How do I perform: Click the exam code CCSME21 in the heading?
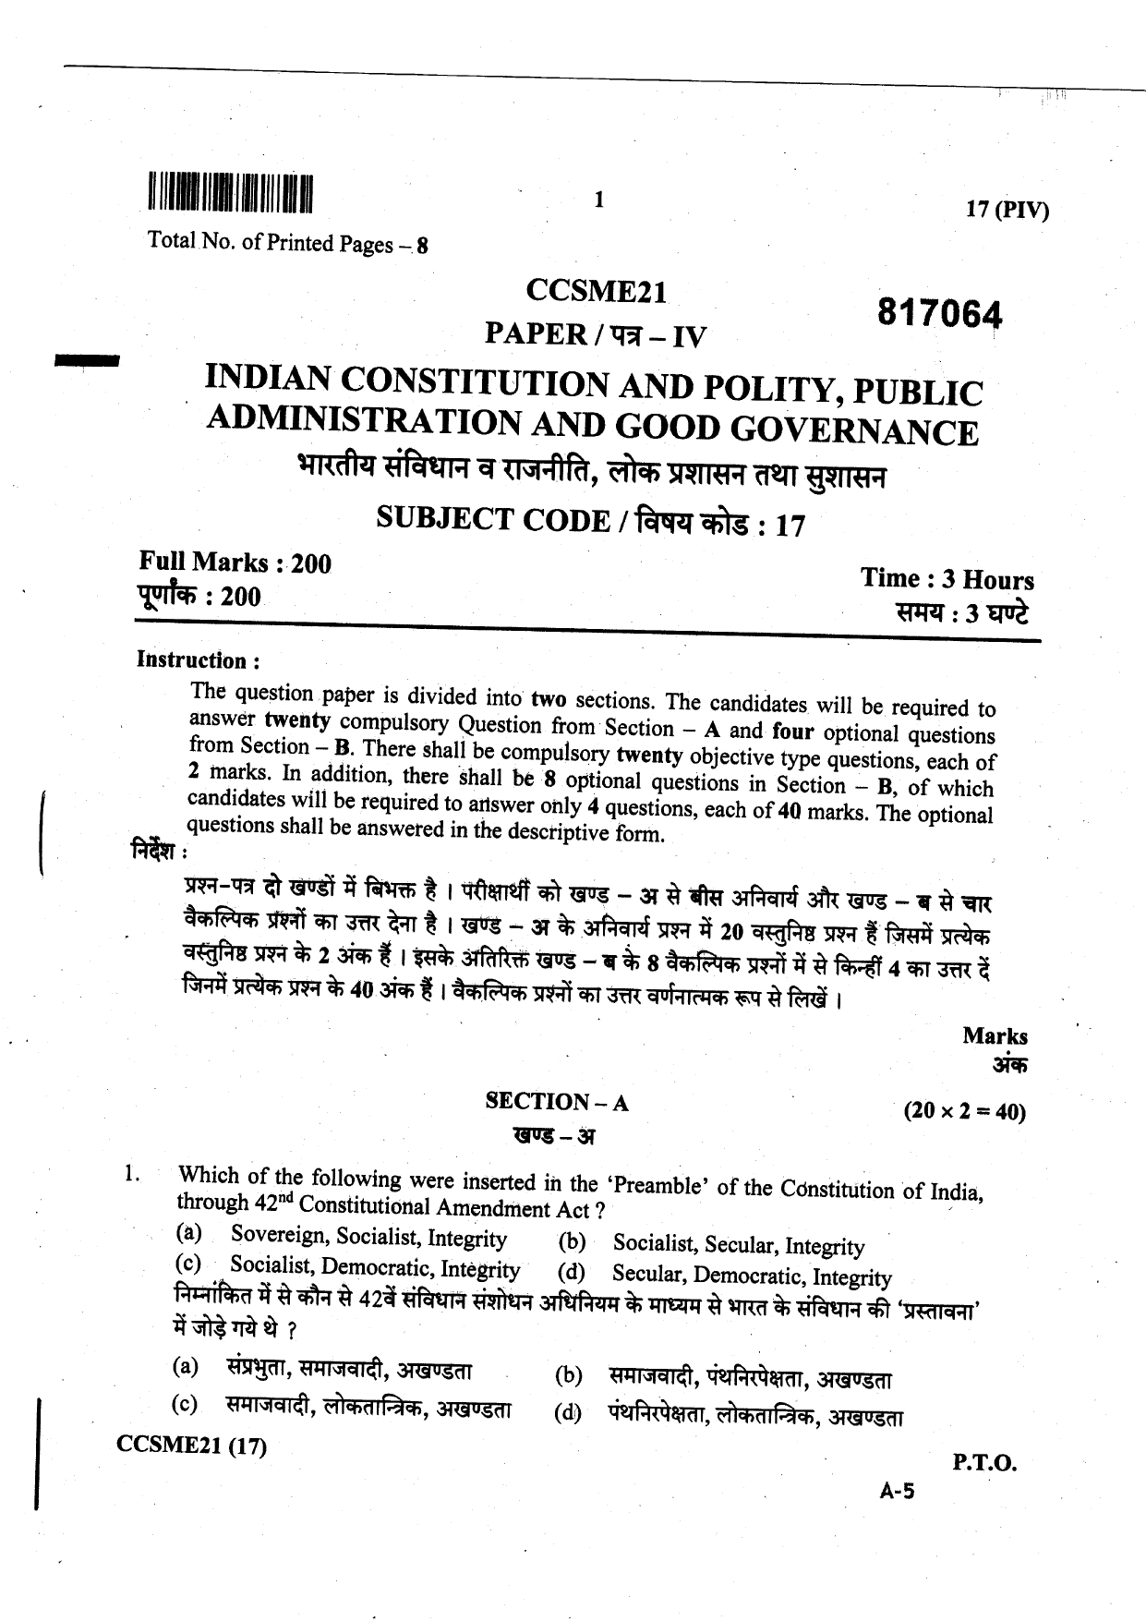[x=596, y=293]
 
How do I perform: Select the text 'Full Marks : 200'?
[x=235, y=563]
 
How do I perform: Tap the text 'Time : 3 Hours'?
[x=947, y=580]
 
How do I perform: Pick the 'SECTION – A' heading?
[x=557, y=1101]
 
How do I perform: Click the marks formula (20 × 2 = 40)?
[x=965, y=1111]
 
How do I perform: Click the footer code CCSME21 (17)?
[x=192, y=1446]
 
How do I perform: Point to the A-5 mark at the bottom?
[x=896, y=1490]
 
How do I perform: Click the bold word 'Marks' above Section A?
[x=995, y=1035]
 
